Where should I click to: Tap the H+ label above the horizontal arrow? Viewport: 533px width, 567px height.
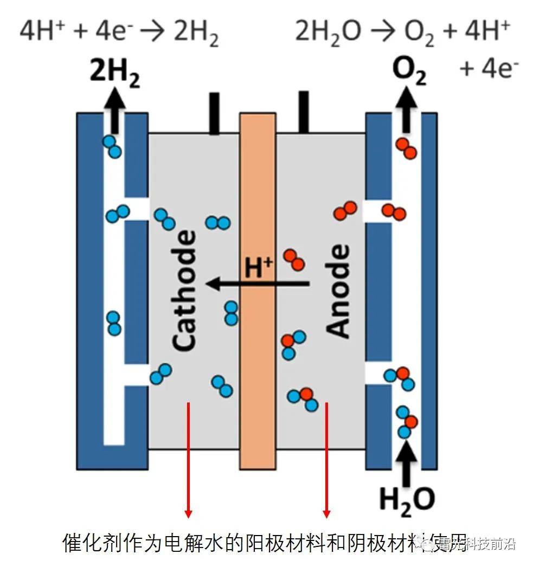[258, 267]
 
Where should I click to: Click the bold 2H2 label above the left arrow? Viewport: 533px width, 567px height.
[114, 75]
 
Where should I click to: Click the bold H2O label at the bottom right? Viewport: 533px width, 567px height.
[406, 499]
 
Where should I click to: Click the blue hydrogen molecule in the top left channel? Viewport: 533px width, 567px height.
[112, 146]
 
